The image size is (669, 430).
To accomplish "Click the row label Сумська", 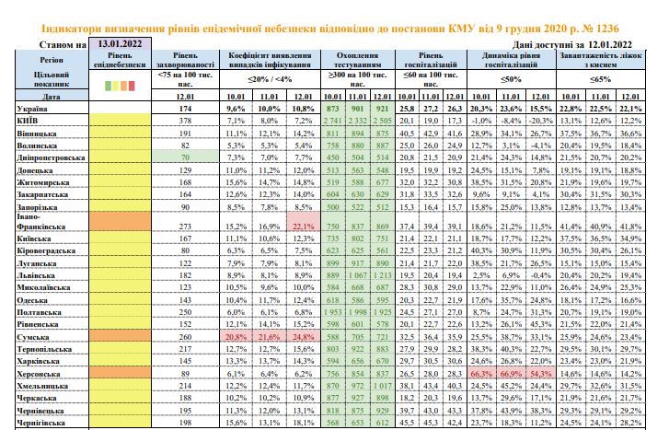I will point(28,338).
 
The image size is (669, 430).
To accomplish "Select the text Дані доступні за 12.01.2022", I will point(575,43).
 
